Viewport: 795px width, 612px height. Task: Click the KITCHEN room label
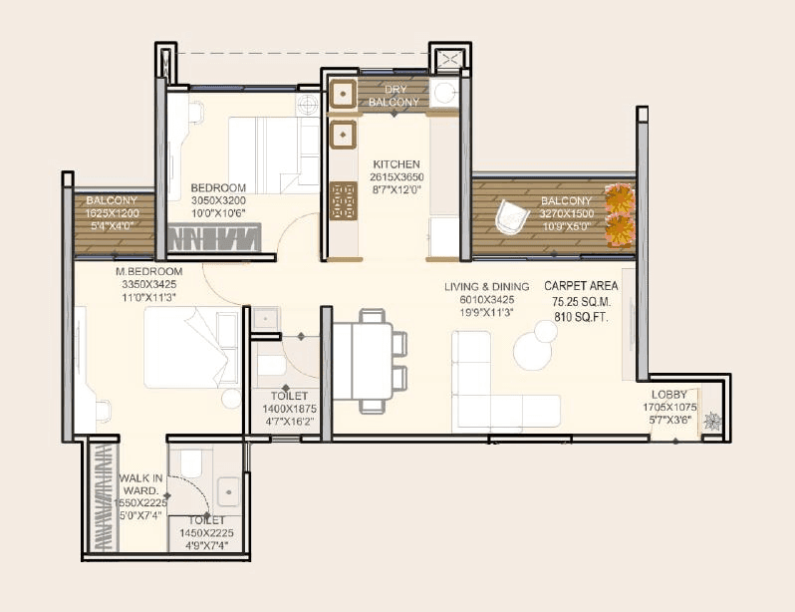pos(397,164)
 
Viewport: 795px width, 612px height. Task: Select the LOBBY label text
pos(674,395)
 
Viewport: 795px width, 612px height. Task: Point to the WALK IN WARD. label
pos(141,485)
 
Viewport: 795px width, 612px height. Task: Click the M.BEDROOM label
pos(149,271)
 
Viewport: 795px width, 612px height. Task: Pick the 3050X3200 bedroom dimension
pos(218,199)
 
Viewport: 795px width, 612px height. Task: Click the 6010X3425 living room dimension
pos(487,299)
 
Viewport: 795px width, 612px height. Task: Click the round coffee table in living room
pos(533,350)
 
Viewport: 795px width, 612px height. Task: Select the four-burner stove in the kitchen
pos(343,199)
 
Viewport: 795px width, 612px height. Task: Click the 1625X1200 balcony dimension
pos(112,212)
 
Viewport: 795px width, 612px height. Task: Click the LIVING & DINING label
pos(487,287)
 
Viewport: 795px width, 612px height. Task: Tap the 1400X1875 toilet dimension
pos(286,409)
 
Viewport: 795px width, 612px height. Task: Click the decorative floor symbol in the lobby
pos(712,422)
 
